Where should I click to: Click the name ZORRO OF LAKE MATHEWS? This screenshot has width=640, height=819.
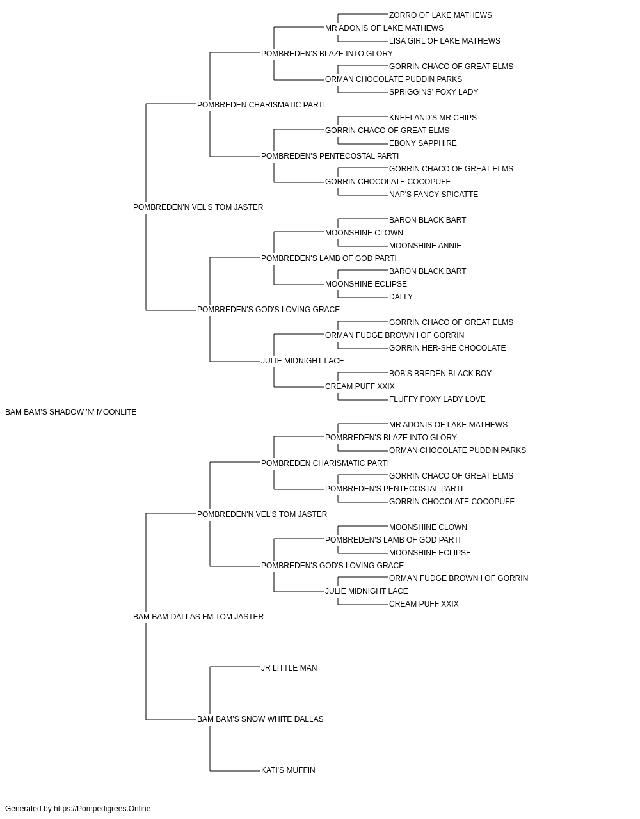[x=440, y=15]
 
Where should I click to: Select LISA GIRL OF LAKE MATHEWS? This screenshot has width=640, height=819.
[x=444, y=41]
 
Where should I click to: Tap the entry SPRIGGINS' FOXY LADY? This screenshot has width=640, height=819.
[x=433, y=92]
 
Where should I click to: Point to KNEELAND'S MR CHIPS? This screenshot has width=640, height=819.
[x=433, y=118]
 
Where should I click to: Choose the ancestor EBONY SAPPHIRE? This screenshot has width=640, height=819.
[x=422, y=143]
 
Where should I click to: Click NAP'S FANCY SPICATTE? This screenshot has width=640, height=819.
[x=433, y=195]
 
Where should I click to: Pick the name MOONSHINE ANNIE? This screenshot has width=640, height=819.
[x=425, y=246]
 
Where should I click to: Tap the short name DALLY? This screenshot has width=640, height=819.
[x=401, y=297]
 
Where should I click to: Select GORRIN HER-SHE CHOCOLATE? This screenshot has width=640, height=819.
[x=447, y=348]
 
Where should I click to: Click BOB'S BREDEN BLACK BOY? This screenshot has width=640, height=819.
[x=440, y=374]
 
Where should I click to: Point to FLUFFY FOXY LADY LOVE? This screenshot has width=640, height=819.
[x=437, y=399]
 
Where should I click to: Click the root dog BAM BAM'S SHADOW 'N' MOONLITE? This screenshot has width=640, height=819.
[x=71, y=412]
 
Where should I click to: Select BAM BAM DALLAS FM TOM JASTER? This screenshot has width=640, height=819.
[x=198, y=617]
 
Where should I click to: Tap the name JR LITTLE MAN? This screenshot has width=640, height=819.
[x=289, y=668]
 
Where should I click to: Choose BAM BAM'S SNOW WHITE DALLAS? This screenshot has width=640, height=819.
[x=260, y=719]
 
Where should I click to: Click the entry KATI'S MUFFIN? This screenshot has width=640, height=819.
[x=288, y=770]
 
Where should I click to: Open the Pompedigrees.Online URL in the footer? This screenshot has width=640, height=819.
[x=102, y=809]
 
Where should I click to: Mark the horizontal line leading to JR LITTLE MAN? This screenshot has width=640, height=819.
[x=235, y=667]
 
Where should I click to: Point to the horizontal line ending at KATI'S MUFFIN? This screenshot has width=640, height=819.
[x=235, y=771]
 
